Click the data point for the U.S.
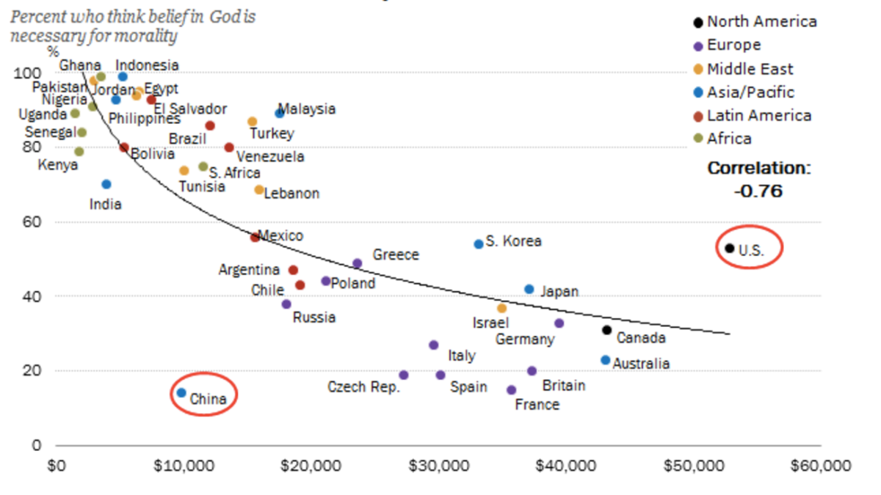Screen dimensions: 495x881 pyautogui.click(x=729, y=249)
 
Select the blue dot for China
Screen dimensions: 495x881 pyautogui.click(x=181, y=393)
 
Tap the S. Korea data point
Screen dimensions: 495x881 pyautogui.click(x=479, y=243)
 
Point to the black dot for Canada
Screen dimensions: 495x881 pyautogui.click(x=606, y=330)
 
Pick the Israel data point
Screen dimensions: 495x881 pyautogui.click(x=501, y=309)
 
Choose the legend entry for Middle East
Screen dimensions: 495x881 pyautogui.click(x=750, y=69)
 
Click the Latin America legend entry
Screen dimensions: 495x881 pyautogui.click(x=758, y=115)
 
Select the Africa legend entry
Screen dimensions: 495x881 pyautogui.click(x=729, y=139)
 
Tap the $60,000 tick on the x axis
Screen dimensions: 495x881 pyautogui.click(x=821, y=466)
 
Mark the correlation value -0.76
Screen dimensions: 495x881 pyautogui.click(x=758, y=191)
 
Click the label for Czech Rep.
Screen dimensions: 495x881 pyautogui.click(x=363, y=386)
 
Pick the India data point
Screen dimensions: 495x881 pyautogui.click(x=106, y=184)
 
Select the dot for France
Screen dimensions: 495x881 pyautogui.click(x=512, y=390)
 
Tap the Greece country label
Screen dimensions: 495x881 pyautogui.click(x=396, y=254)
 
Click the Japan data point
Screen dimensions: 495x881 pyautogui.click(x=529, y=290)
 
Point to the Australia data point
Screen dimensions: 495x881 pyautogui.click(x=605, y=360)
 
